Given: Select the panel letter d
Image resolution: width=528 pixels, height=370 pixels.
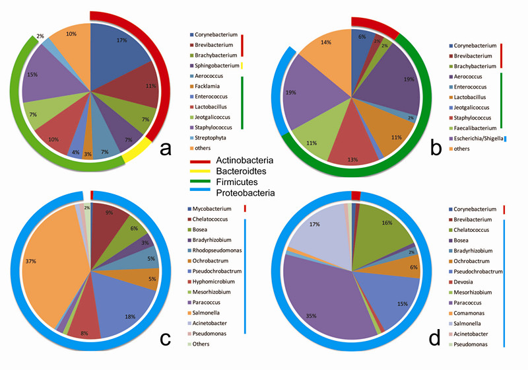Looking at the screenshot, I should (x=434, y=338).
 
